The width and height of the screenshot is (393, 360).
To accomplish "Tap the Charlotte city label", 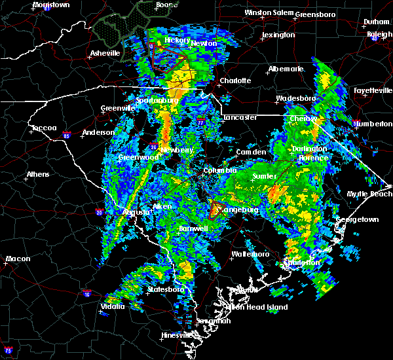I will (x=235, y=81).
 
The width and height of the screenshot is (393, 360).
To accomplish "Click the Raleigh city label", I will (x=380, y=34).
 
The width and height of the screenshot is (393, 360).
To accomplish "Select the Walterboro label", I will (x=251, y=254).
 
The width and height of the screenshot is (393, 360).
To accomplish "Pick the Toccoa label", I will (x=45, y=128).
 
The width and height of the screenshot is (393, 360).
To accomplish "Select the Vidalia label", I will (x=113, y=306).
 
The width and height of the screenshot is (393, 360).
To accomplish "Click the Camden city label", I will (x=252, y=152).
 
